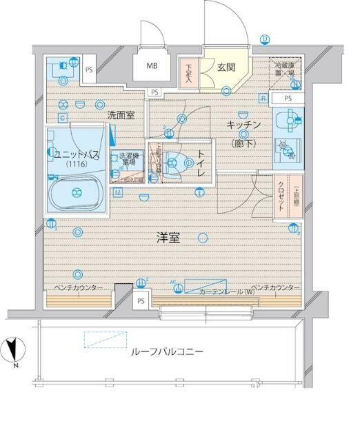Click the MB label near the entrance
click(151, 68)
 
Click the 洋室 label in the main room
click(168, 238)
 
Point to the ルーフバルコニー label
click(166, 351)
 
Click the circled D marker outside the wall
click(264, 39)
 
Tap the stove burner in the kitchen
click(283, 147)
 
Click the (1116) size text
click(77, 165)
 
